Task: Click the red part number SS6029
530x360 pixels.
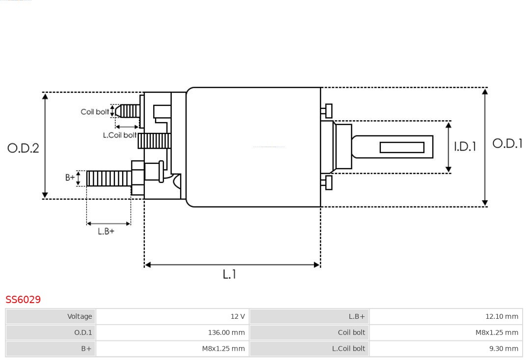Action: pyautogui.click(x=23, y=299)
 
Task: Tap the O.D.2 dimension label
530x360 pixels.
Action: pyautogui.click(x=23, y=148)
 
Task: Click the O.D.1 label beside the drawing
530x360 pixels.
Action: pyautogui.click(x=507, y=143)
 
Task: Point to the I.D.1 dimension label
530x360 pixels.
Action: pyautogui.click(x=465, y=147)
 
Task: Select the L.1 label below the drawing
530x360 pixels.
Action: pyautogui.click(x=229, y=274)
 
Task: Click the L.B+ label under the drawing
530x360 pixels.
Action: pyautogui.click(x=106, y=231)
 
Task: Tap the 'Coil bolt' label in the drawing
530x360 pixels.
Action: pyautogui.click(x=95, y=112)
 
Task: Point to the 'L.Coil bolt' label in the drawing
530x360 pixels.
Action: pyautogui.click(x=120, y=135)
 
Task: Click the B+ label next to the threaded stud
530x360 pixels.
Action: pyautogui.click(x=71, y=178)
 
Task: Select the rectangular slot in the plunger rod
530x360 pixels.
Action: pyautogui.click(x=402, y=147)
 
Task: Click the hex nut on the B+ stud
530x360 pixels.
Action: pyautogui.click(x=138, y=178)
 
